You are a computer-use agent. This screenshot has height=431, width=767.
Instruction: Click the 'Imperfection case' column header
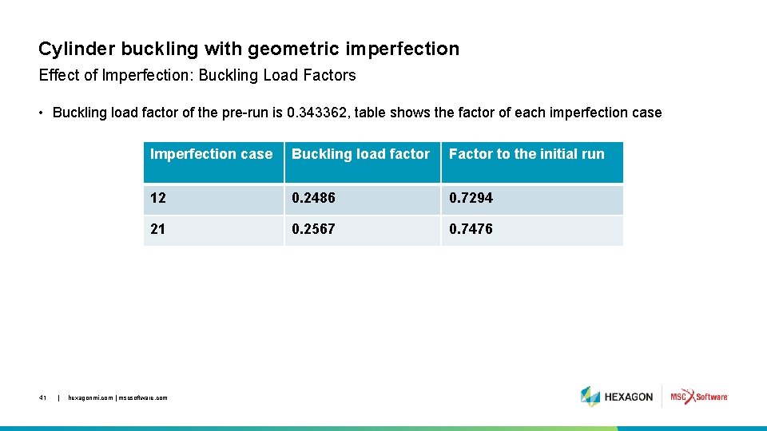pos(211,154)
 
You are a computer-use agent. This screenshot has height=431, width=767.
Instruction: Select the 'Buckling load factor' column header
pos(360,154)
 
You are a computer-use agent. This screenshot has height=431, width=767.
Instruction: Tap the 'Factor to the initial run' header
pos(527,154)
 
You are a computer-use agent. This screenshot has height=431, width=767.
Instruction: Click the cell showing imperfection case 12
pos(158,198)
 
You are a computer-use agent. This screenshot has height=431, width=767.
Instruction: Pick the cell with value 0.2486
pos(313,198)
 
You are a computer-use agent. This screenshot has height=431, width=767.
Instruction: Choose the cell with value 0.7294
pos(471,198)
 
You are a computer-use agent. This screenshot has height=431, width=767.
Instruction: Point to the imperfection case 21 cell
pos(158,229)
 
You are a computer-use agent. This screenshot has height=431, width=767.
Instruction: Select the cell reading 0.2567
pos(313,229)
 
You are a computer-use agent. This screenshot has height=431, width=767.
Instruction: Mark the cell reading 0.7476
pos(471,229)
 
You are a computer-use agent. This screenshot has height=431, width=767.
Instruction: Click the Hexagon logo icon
pos(590,397)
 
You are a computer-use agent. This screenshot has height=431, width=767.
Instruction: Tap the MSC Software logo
pos(699,397)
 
